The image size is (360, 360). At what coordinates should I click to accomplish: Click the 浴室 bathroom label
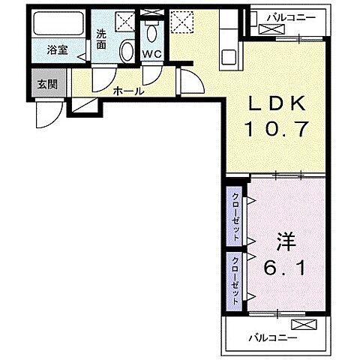(x=56, y=51)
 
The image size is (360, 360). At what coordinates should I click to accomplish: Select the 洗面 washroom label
(x=102, y=39)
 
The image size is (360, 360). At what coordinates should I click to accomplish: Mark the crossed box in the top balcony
(x=269, y=30)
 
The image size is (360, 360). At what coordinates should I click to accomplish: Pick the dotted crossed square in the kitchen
(x=180, y=22)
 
